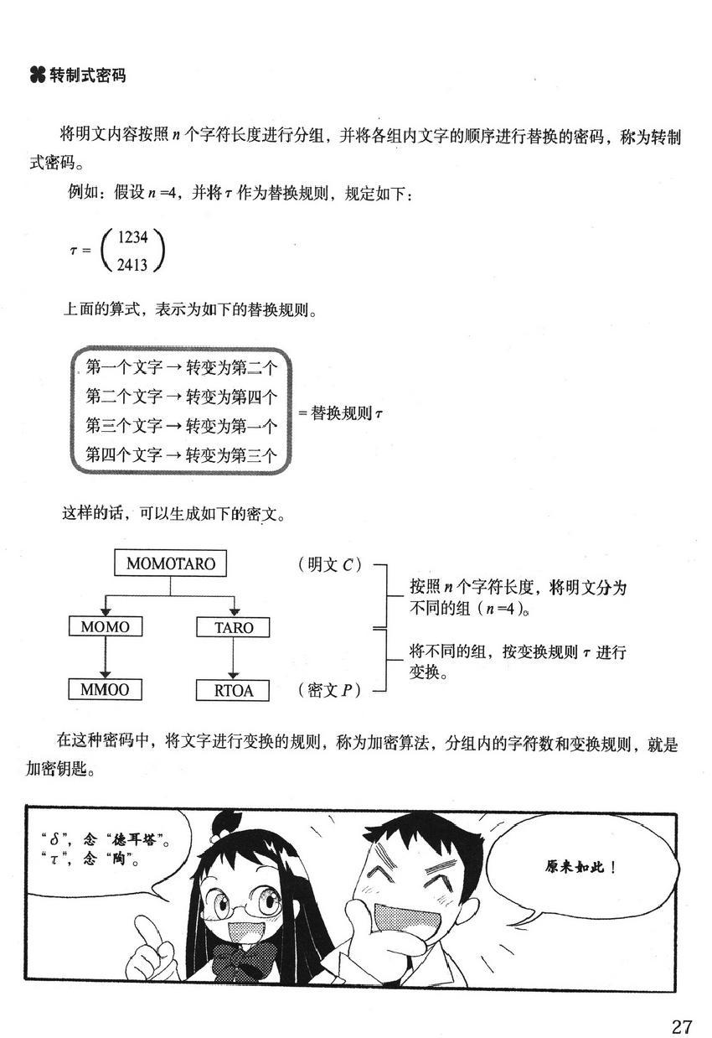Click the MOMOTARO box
tap(170, 564)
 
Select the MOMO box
tap(105, 626)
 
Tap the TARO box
tap(234, 627)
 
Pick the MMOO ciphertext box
tap(105, 690)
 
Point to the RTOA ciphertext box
tap(234, 691)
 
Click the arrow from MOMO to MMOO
tap(105, 658)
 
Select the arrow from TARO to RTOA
tap(234, 659)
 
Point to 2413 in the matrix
tap(132, 266)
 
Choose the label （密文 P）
tap(328, 690)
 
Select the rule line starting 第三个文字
tap(181, 426)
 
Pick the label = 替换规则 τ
tap(340, 413)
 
